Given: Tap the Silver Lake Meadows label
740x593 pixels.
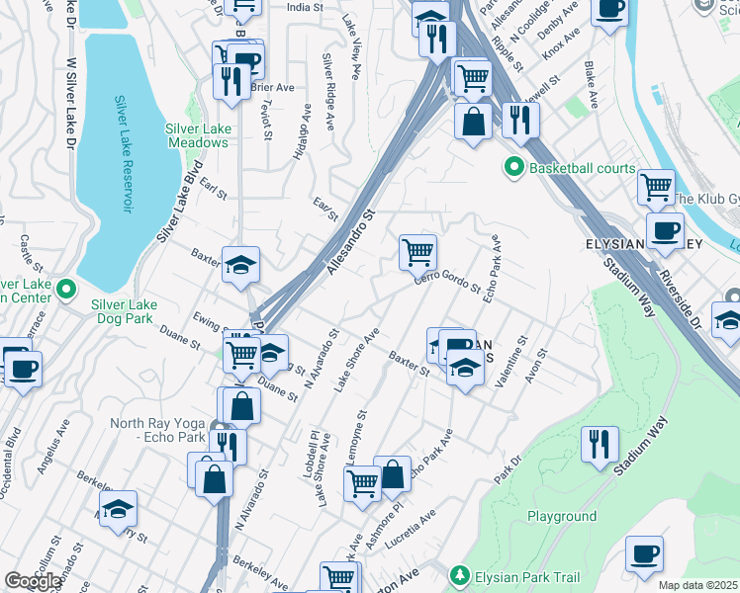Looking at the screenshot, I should point(197,135).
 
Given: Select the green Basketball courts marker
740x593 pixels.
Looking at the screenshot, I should point(513,168).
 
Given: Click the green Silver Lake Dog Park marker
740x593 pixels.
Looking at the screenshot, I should point(66,289).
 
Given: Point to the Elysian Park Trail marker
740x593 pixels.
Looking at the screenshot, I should point(459,575).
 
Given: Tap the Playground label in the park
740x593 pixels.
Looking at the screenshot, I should point(561,516).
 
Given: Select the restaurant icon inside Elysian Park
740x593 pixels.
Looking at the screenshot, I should point(601,444).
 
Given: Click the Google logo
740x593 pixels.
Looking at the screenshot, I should point(33,581).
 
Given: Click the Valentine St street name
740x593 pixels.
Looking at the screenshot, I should point(512,368).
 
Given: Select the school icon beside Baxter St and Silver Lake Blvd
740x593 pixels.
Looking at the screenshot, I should point(240,265).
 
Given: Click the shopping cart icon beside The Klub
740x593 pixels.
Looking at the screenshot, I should point(656,185).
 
